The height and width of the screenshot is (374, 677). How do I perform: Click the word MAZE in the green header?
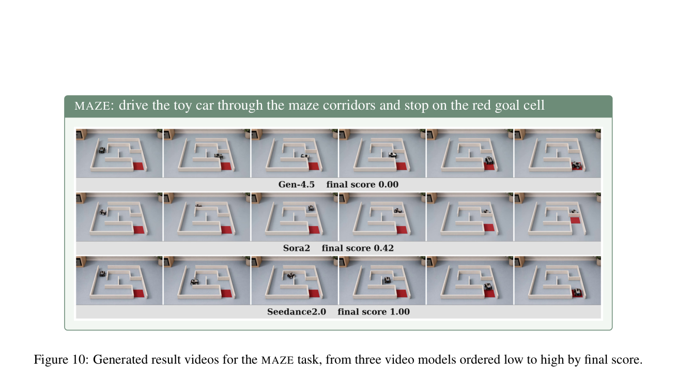click(92, 106)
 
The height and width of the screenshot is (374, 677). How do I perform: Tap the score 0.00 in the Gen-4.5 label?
click(388, 184)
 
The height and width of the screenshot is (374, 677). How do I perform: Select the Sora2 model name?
click(297, 248)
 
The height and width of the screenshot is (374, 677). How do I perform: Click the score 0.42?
click(384, 248)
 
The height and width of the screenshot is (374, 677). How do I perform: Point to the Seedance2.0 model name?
click(297, 311)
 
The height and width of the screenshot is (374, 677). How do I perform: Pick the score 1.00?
click(399, 311)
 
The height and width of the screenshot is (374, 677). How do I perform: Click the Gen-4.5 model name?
click(297, 184)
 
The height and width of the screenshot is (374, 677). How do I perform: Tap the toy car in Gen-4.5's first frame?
click(102, 150)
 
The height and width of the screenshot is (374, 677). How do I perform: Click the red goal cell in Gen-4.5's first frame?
click(139, 166)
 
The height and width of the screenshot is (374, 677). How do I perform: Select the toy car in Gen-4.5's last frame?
click(576, 165)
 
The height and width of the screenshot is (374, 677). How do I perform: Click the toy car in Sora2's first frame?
click(103, 212)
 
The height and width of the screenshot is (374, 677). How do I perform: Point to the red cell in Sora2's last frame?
click(575, 220)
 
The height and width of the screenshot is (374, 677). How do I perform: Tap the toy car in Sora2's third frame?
click(311, 208)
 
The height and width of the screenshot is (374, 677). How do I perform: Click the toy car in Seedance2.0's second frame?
click(194, 282)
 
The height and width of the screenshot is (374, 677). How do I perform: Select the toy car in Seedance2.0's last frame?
click(577, 292)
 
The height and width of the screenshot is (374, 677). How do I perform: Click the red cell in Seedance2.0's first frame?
click(139, 293)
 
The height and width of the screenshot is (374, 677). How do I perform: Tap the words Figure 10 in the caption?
click(61, 360)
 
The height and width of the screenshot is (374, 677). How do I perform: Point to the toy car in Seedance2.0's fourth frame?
click(387, 279)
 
